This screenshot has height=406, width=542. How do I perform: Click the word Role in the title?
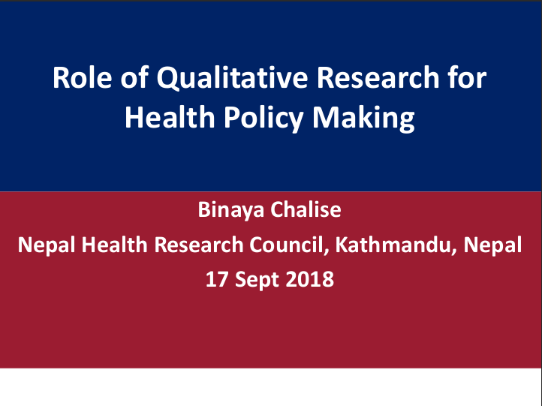(83, 78)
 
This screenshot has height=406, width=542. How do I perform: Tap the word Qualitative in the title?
(232, 79)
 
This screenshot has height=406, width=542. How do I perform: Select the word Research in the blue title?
(378, 78)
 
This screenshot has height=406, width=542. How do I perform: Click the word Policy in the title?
(263, 119)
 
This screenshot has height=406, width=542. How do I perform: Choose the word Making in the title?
(363, 119)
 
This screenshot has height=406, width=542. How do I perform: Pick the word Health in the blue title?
(170, 117)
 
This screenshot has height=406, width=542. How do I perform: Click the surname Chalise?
(306, 209)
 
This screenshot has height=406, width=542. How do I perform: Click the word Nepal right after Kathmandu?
(492, 245)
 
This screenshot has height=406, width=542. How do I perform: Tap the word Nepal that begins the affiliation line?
(47, 245)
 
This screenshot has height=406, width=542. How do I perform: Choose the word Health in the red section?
(114, 245)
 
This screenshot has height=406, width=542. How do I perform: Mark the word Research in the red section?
(199, 245)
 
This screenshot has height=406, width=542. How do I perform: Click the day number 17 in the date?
(217, 279)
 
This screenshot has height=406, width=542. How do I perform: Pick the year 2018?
(310, 279)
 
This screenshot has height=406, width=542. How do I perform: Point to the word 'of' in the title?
(134, 78)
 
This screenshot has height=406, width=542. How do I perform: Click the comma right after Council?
(327, 253)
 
